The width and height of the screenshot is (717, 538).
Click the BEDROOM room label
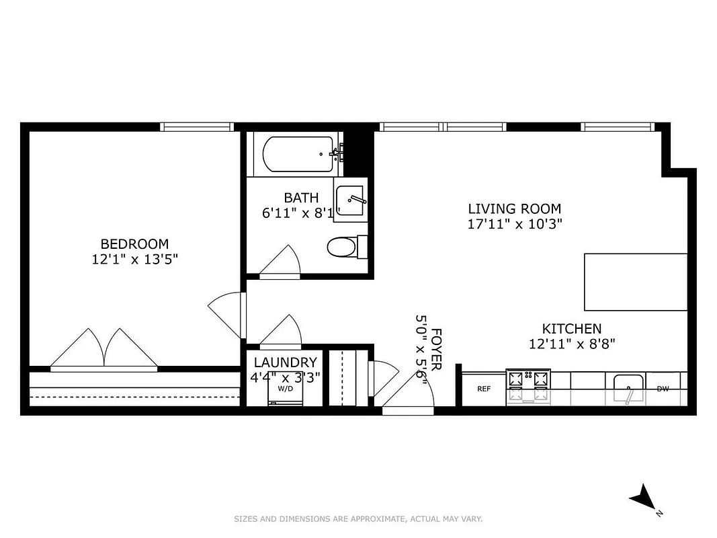click(x=134, y=243)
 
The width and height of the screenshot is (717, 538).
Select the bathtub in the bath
click(x=298, y=154)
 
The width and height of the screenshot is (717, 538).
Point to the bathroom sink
click(x=350, y=200)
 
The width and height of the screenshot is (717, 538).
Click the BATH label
click(x=297, y=198)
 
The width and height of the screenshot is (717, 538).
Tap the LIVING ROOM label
click(x=514, y=208)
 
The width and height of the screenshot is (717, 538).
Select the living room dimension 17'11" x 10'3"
click(x=514, y=224)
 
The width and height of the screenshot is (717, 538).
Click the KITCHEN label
click(x=572, y=329)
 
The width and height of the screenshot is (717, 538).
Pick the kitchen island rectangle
click(x=635, y=282)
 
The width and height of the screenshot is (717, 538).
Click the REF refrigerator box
click(x=483, y=389)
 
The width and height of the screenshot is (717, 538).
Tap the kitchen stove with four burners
click(x=528, y=387)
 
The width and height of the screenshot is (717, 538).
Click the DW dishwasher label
click(x=662, y=388)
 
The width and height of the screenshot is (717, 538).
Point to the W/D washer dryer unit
click(x=285, y=393)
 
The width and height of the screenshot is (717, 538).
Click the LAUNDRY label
click(x=285, y=362)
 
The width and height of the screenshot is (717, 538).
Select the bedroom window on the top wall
click(x=197, y=126)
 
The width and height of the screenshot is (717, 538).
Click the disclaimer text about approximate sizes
click(x=358, y=518)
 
